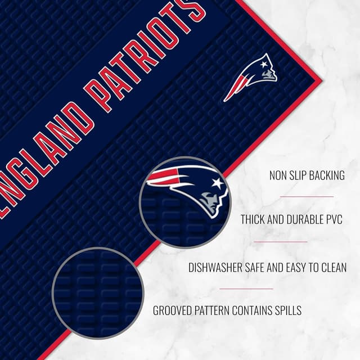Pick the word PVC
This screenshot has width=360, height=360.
click(x=332, y=219)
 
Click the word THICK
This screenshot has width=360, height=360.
click(x=254, y=219)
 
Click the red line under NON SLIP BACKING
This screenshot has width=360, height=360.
click(x=307, y=197)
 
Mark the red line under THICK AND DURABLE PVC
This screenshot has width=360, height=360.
click(x=281, y=242)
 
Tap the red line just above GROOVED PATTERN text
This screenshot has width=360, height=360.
click(x=246, y=289)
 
